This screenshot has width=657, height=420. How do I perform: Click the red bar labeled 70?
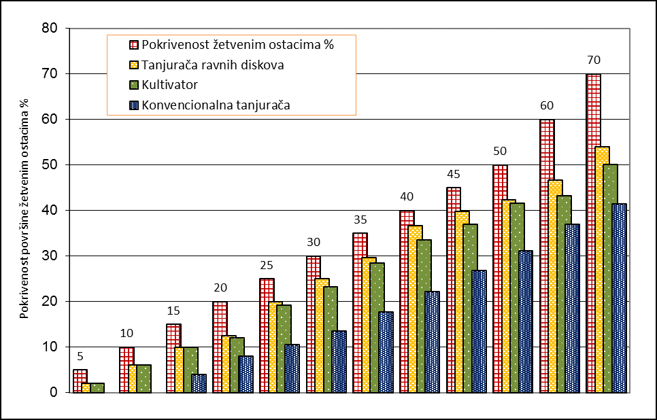click(x=593, y=233)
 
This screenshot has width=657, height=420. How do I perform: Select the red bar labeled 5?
click(x=80, y=381)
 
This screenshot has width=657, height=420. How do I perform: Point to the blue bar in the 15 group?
click(x=199, y=383)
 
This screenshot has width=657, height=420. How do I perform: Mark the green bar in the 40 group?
click(x=424, y=316)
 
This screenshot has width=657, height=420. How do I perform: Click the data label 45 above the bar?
click(x=454, y=173)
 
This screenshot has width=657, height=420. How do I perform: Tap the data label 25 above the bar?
click(x=267, y=264)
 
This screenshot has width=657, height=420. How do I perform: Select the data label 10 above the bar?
click(x=127, y=333)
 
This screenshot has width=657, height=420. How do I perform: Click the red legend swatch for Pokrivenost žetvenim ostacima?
click(x=134, y=46)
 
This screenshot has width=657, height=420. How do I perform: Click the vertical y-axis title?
click(x=24, y=211)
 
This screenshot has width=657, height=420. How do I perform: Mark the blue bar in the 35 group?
click(x=386, y=352)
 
